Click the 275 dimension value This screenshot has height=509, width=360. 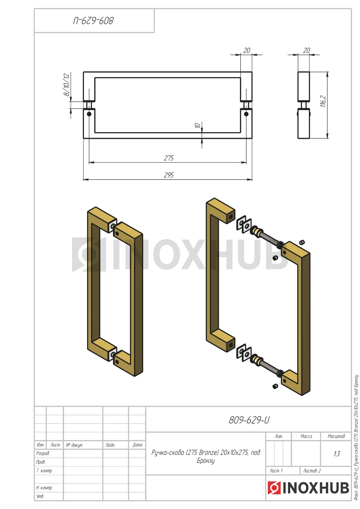169,158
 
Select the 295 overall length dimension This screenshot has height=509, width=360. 169,175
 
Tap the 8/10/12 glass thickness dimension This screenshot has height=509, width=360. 66,85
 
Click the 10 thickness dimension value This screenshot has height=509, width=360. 198,125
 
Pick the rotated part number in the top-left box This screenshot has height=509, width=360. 93,21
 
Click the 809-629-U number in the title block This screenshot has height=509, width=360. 249,420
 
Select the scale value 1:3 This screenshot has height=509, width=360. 337,454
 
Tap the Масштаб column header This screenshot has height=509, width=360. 336,436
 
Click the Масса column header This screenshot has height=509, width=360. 306,436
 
